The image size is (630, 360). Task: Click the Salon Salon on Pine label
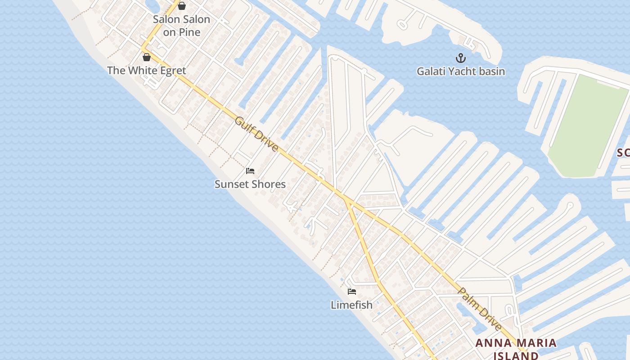pyautogui.click(x=181, y=26)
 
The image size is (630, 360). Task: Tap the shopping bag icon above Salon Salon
pyautogui.click(x=182, y=6)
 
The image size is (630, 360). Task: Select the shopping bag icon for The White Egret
pyautogui.click(x=146, y=57)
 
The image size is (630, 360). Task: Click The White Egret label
pyautogui.click(x=146, y=71)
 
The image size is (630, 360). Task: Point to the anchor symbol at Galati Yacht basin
pyautogui.click(x=460, y=58)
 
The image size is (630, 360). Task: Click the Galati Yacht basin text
pyautogui.click(x=460, y=72)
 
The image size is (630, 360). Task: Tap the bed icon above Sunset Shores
pyautogui.click(x=250, y=171)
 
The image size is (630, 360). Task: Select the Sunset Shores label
pyautogui.click(x=250, y=184)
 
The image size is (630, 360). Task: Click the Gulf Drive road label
pyautogui.click(x=256, y=134)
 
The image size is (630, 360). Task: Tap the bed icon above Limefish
pyautogui.click(x=352, y=292)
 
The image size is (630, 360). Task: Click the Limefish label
pyautogui.click(x=351, y=305)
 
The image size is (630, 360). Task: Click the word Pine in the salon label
pyautogui.click(x=189, y=32)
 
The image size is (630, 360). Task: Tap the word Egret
pyautogui.click(x=169, y=71)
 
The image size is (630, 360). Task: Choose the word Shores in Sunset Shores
pyautogui.click(x=269, y=184)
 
